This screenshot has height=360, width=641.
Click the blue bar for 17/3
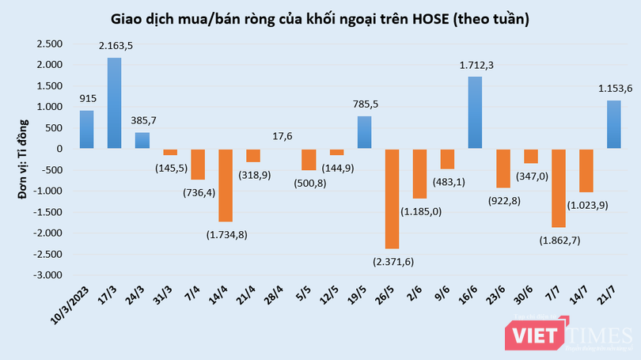pos(115,103)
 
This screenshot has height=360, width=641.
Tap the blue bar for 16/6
pos(476,112)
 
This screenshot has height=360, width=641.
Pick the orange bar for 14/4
pos(226,185)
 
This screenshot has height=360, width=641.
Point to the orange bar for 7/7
pos(559,188)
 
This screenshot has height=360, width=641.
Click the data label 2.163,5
pos(116,47)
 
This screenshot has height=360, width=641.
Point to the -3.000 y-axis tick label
pos(47,275)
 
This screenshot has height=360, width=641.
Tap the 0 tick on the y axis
pos(59,149)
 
